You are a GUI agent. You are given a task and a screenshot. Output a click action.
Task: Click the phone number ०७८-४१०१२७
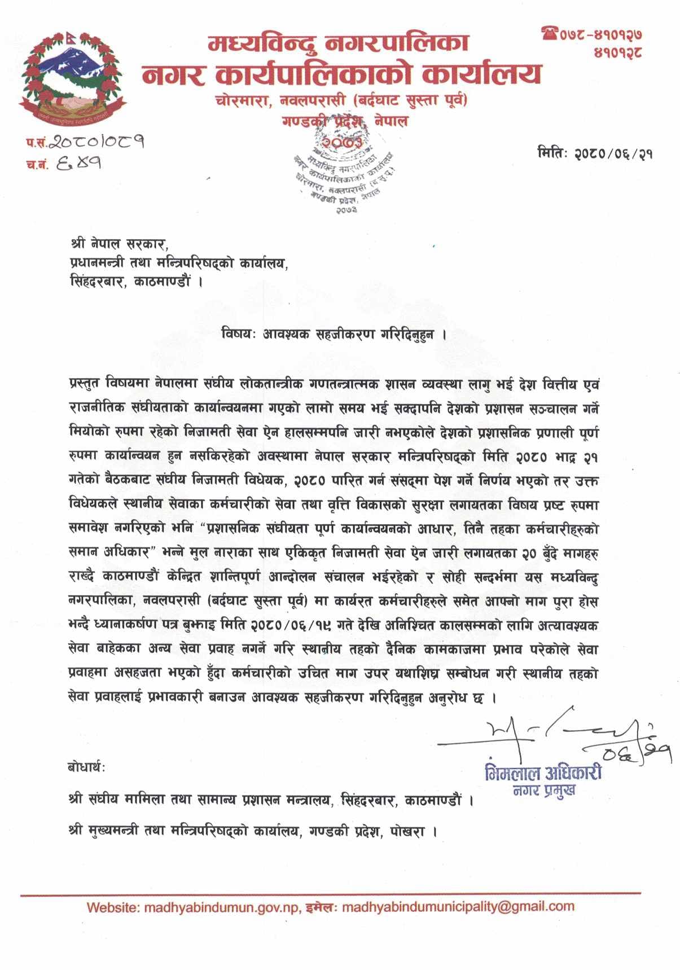(601, 35)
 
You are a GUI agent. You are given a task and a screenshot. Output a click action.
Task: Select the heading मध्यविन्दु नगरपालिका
(339, 43)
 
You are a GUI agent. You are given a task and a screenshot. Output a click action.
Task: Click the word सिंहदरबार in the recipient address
(96, 280)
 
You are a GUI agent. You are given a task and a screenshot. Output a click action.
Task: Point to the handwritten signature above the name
(553, 734)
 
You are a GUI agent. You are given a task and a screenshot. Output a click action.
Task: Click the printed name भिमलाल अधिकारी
(543, 773)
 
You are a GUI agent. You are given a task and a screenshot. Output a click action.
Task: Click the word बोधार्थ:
(86, 767)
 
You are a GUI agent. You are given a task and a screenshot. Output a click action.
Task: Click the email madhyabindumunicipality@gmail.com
(458, 907)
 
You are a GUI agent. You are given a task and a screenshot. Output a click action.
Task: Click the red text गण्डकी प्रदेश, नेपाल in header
(345, 121)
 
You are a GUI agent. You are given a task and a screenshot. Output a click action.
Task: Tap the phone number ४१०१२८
(618, 53)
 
